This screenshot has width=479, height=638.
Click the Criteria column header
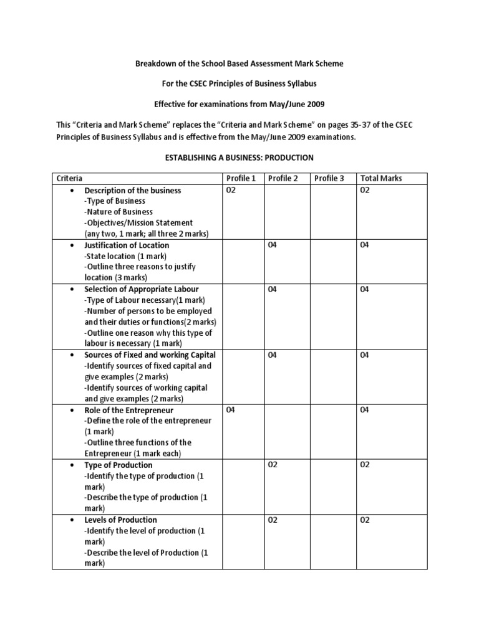pos(69,178)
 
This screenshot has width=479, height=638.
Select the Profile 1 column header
pos(241,178)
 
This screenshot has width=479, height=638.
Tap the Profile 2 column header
pos(283,178)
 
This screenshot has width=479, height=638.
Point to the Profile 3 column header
pos(329,178)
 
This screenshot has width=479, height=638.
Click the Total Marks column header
pos(381,178)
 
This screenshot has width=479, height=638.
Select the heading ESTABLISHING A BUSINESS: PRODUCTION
pos(239,158)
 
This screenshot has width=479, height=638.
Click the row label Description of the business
pos(132,190)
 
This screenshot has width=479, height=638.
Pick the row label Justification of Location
pos(127,245)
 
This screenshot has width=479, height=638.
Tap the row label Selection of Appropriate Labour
pos(142,289)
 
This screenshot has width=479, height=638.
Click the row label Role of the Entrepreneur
pos(128,410)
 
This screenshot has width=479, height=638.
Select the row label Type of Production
pos(118,465)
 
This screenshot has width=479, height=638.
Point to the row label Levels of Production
pos(120,520)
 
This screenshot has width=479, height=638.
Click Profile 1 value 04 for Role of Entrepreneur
pos(231,410)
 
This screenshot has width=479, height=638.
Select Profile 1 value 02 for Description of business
pos(231,190)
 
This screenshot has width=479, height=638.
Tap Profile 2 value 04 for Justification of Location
pos(273,245)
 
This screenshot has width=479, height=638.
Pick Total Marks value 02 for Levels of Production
pos(365,520)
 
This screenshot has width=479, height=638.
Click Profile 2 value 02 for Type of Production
pos(273,465)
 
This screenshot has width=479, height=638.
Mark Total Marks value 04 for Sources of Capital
pos(365,355)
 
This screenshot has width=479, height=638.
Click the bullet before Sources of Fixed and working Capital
pos(74,355)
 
